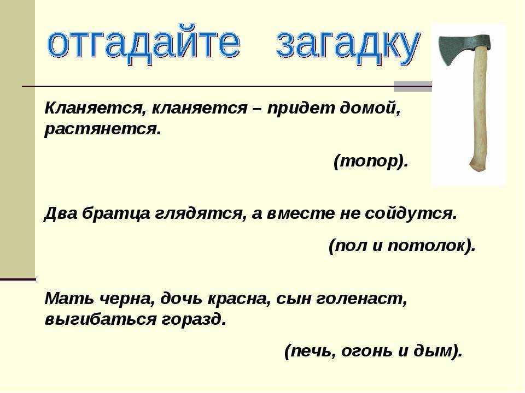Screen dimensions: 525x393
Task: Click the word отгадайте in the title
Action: [x=143, y=44]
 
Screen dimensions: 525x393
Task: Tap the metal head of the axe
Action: [x=463, y=49]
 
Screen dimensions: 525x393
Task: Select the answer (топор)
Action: [x=371, y=162]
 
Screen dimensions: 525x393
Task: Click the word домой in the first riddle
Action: [x=370, y=108]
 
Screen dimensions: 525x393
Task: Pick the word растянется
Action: [x=103, y=129]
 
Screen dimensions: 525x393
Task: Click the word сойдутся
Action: [x=411, y=213]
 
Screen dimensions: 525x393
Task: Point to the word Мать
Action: [x=69, y=298]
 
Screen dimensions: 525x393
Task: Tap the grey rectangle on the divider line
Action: [x=412, y=87]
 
